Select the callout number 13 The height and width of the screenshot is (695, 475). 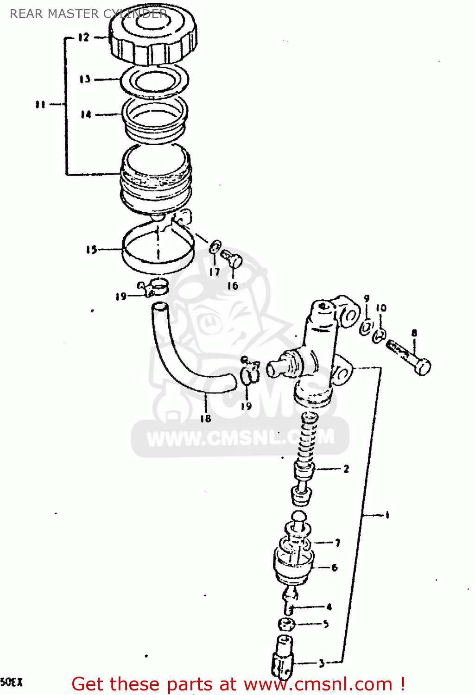tap(85, 79)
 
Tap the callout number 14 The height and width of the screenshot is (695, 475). tap(86, 114)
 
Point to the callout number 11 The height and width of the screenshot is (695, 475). tap(40, 104)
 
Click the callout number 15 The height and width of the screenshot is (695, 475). tap(91, 250)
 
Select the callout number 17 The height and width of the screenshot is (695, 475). tap(214, 272)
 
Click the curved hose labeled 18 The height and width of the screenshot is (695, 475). tap(185, 366)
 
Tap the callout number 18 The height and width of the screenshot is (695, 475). tap(205, 418)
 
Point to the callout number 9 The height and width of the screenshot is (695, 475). tap(367, 299)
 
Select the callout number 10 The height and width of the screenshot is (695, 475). tap(381, 308)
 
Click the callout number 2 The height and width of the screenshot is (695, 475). tap(346, 469)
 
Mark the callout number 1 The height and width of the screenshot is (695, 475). tap(387, 514)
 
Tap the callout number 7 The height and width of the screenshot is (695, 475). tap(337, 543)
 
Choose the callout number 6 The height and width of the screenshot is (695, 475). tap(334, 567)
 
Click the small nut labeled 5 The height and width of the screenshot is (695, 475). tap(286, 624)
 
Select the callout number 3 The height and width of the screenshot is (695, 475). tap(322, 663)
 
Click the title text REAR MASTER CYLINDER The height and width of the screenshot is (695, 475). tap(88, 14)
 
